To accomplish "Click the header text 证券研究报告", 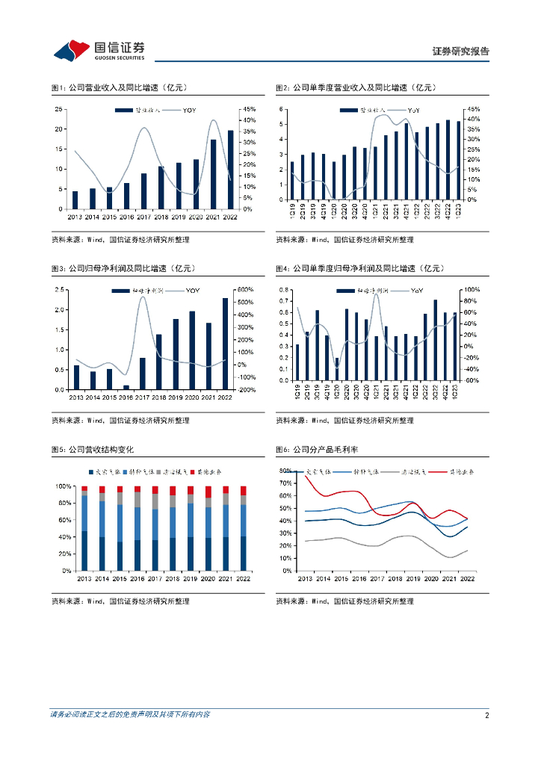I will point(461,52).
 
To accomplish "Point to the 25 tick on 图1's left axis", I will point(58,110).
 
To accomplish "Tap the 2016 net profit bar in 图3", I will point(126,387).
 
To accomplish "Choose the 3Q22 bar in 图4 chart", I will point(436,340).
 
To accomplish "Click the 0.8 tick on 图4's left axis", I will point(284,290).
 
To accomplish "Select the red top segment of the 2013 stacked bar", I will point(84,489).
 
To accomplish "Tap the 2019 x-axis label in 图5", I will point(190,578).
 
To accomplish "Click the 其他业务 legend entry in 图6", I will point(461,472).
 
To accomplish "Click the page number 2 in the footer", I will point(486,715).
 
